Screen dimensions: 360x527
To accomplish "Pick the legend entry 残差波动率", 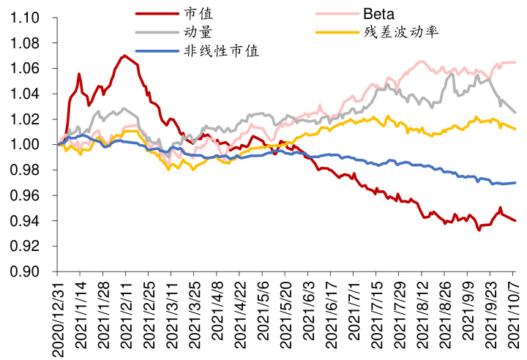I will point(400,32).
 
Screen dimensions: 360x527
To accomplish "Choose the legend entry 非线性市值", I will point(221,50).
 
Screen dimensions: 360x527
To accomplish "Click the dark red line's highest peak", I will point(124,56).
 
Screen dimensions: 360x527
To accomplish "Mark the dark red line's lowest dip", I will point(479,230).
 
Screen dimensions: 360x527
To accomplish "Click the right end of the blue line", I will point(515,183).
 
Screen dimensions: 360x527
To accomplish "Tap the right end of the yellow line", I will point(515,129).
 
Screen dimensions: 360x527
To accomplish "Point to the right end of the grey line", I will point(515,112).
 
